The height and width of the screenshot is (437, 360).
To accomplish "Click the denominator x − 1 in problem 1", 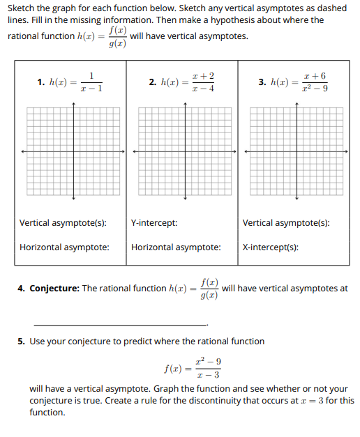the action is (91, 89).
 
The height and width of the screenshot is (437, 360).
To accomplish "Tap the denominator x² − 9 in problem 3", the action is (314, 89).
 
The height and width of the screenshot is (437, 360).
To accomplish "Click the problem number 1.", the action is (40, 82).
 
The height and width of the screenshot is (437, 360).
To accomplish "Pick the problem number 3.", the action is (262, 82).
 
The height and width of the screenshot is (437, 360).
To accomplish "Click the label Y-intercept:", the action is (153, 223).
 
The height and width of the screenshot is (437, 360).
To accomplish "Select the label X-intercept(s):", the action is (271, 247).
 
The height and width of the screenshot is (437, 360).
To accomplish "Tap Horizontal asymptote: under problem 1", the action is (64, 247).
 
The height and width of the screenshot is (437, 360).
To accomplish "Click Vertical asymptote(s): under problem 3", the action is (286, 223).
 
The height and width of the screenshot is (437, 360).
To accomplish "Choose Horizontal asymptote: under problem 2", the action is (176, 247).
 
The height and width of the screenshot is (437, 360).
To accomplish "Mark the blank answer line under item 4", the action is (120, 325).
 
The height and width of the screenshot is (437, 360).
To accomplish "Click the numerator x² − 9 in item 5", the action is (209, 361).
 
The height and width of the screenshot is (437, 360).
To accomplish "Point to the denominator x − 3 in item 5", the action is (209, 374).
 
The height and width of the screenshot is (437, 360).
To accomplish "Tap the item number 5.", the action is (21, 342).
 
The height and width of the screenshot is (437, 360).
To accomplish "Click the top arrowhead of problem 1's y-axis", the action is (73, 103).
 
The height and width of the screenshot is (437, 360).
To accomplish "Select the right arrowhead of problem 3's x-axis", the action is (347, 151).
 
